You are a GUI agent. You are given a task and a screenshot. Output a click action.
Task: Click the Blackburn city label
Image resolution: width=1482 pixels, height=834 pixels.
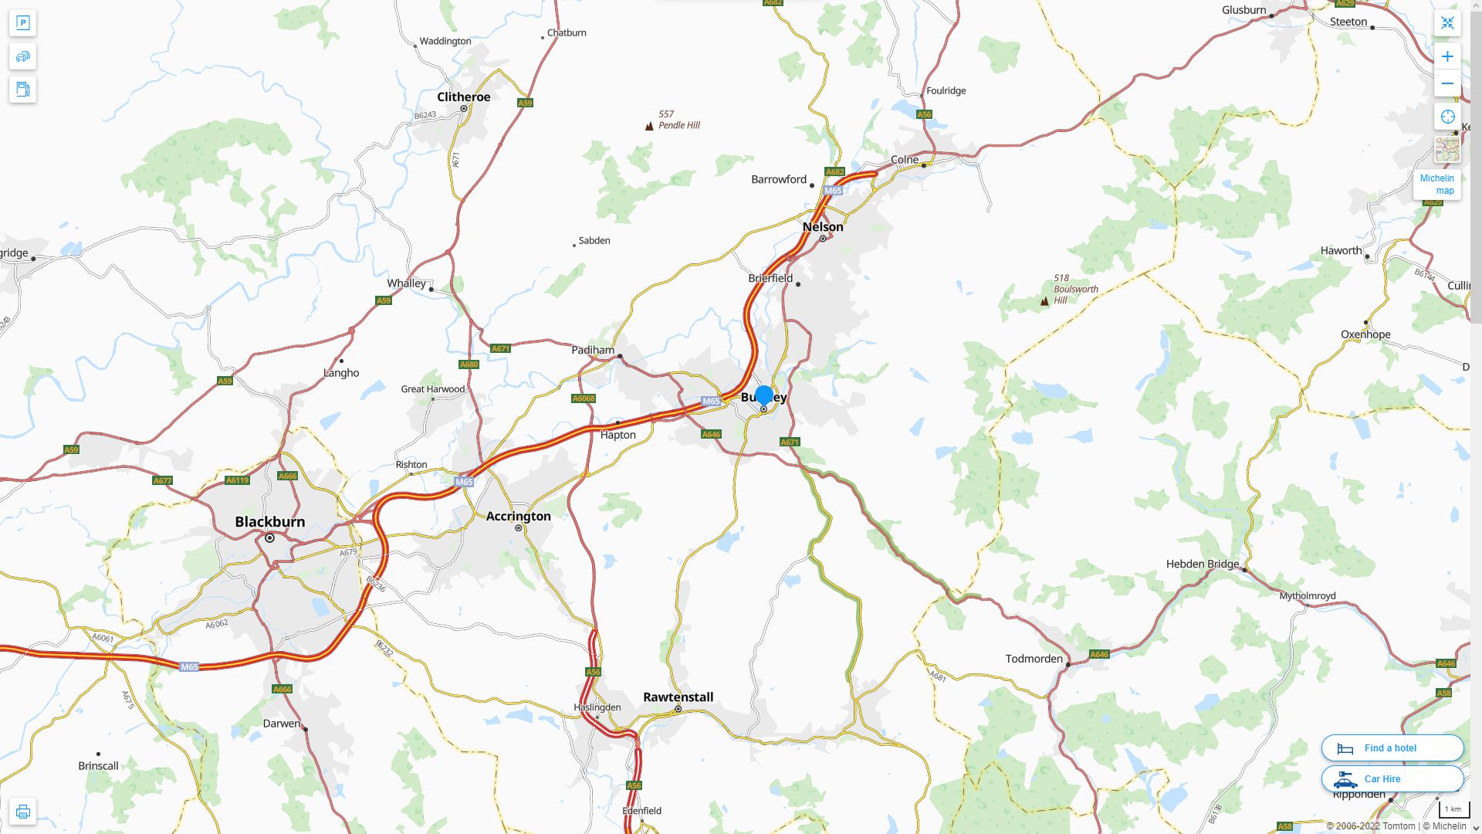tap(269, 521)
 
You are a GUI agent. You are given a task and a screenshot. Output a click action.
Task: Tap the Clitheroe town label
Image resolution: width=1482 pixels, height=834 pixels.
tap(463, 97)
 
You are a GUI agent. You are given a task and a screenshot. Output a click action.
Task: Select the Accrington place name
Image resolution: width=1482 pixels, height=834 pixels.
tap(518, 516)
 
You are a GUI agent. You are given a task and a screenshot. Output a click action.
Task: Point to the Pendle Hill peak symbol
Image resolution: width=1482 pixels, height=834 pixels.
tap(649, 126)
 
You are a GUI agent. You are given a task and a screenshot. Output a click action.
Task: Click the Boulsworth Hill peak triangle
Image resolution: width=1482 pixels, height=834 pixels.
tap(1044, 301)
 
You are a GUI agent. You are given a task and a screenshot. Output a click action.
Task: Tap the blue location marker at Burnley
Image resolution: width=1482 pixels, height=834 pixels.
tap(763, 395)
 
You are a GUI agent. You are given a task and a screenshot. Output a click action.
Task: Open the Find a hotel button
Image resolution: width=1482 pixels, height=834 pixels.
tap(1392, 748)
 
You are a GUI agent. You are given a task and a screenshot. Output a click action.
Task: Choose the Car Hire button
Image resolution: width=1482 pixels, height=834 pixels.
tap(1392, 778)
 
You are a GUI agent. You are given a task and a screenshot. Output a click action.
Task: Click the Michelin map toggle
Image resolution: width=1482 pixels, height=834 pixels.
tap(1436, 184)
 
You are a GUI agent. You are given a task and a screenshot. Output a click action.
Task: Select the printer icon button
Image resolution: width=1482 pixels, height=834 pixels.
tap(22, 811)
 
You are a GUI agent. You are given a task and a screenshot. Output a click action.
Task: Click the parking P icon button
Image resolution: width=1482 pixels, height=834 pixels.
tap(22, 23)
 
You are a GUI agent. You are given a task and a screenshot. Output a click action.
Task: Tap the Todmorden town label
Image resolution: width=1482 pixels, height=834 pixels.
tap(1034, 659)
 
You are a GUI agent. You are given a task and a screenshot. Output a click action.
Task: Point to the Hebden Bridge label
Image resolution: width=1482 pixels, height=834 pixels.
tap(1202, 564)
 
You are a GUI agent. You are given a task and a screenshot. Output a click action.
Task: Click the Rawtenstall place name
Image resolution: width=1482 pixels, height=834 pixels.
tap(678, 697)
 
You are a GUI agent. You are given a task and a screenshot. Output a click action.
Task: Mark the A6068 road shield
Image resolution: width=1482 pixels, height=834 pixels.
tap(584, 398)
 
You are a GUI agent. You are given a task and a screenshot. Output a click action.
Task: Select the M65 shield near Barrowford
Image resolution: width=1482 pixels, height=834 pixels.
tap(833, 190)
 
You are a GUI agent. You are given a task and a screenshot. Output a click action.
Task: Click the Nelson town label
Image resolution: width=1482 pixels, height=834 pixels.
tap(823, 226)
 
